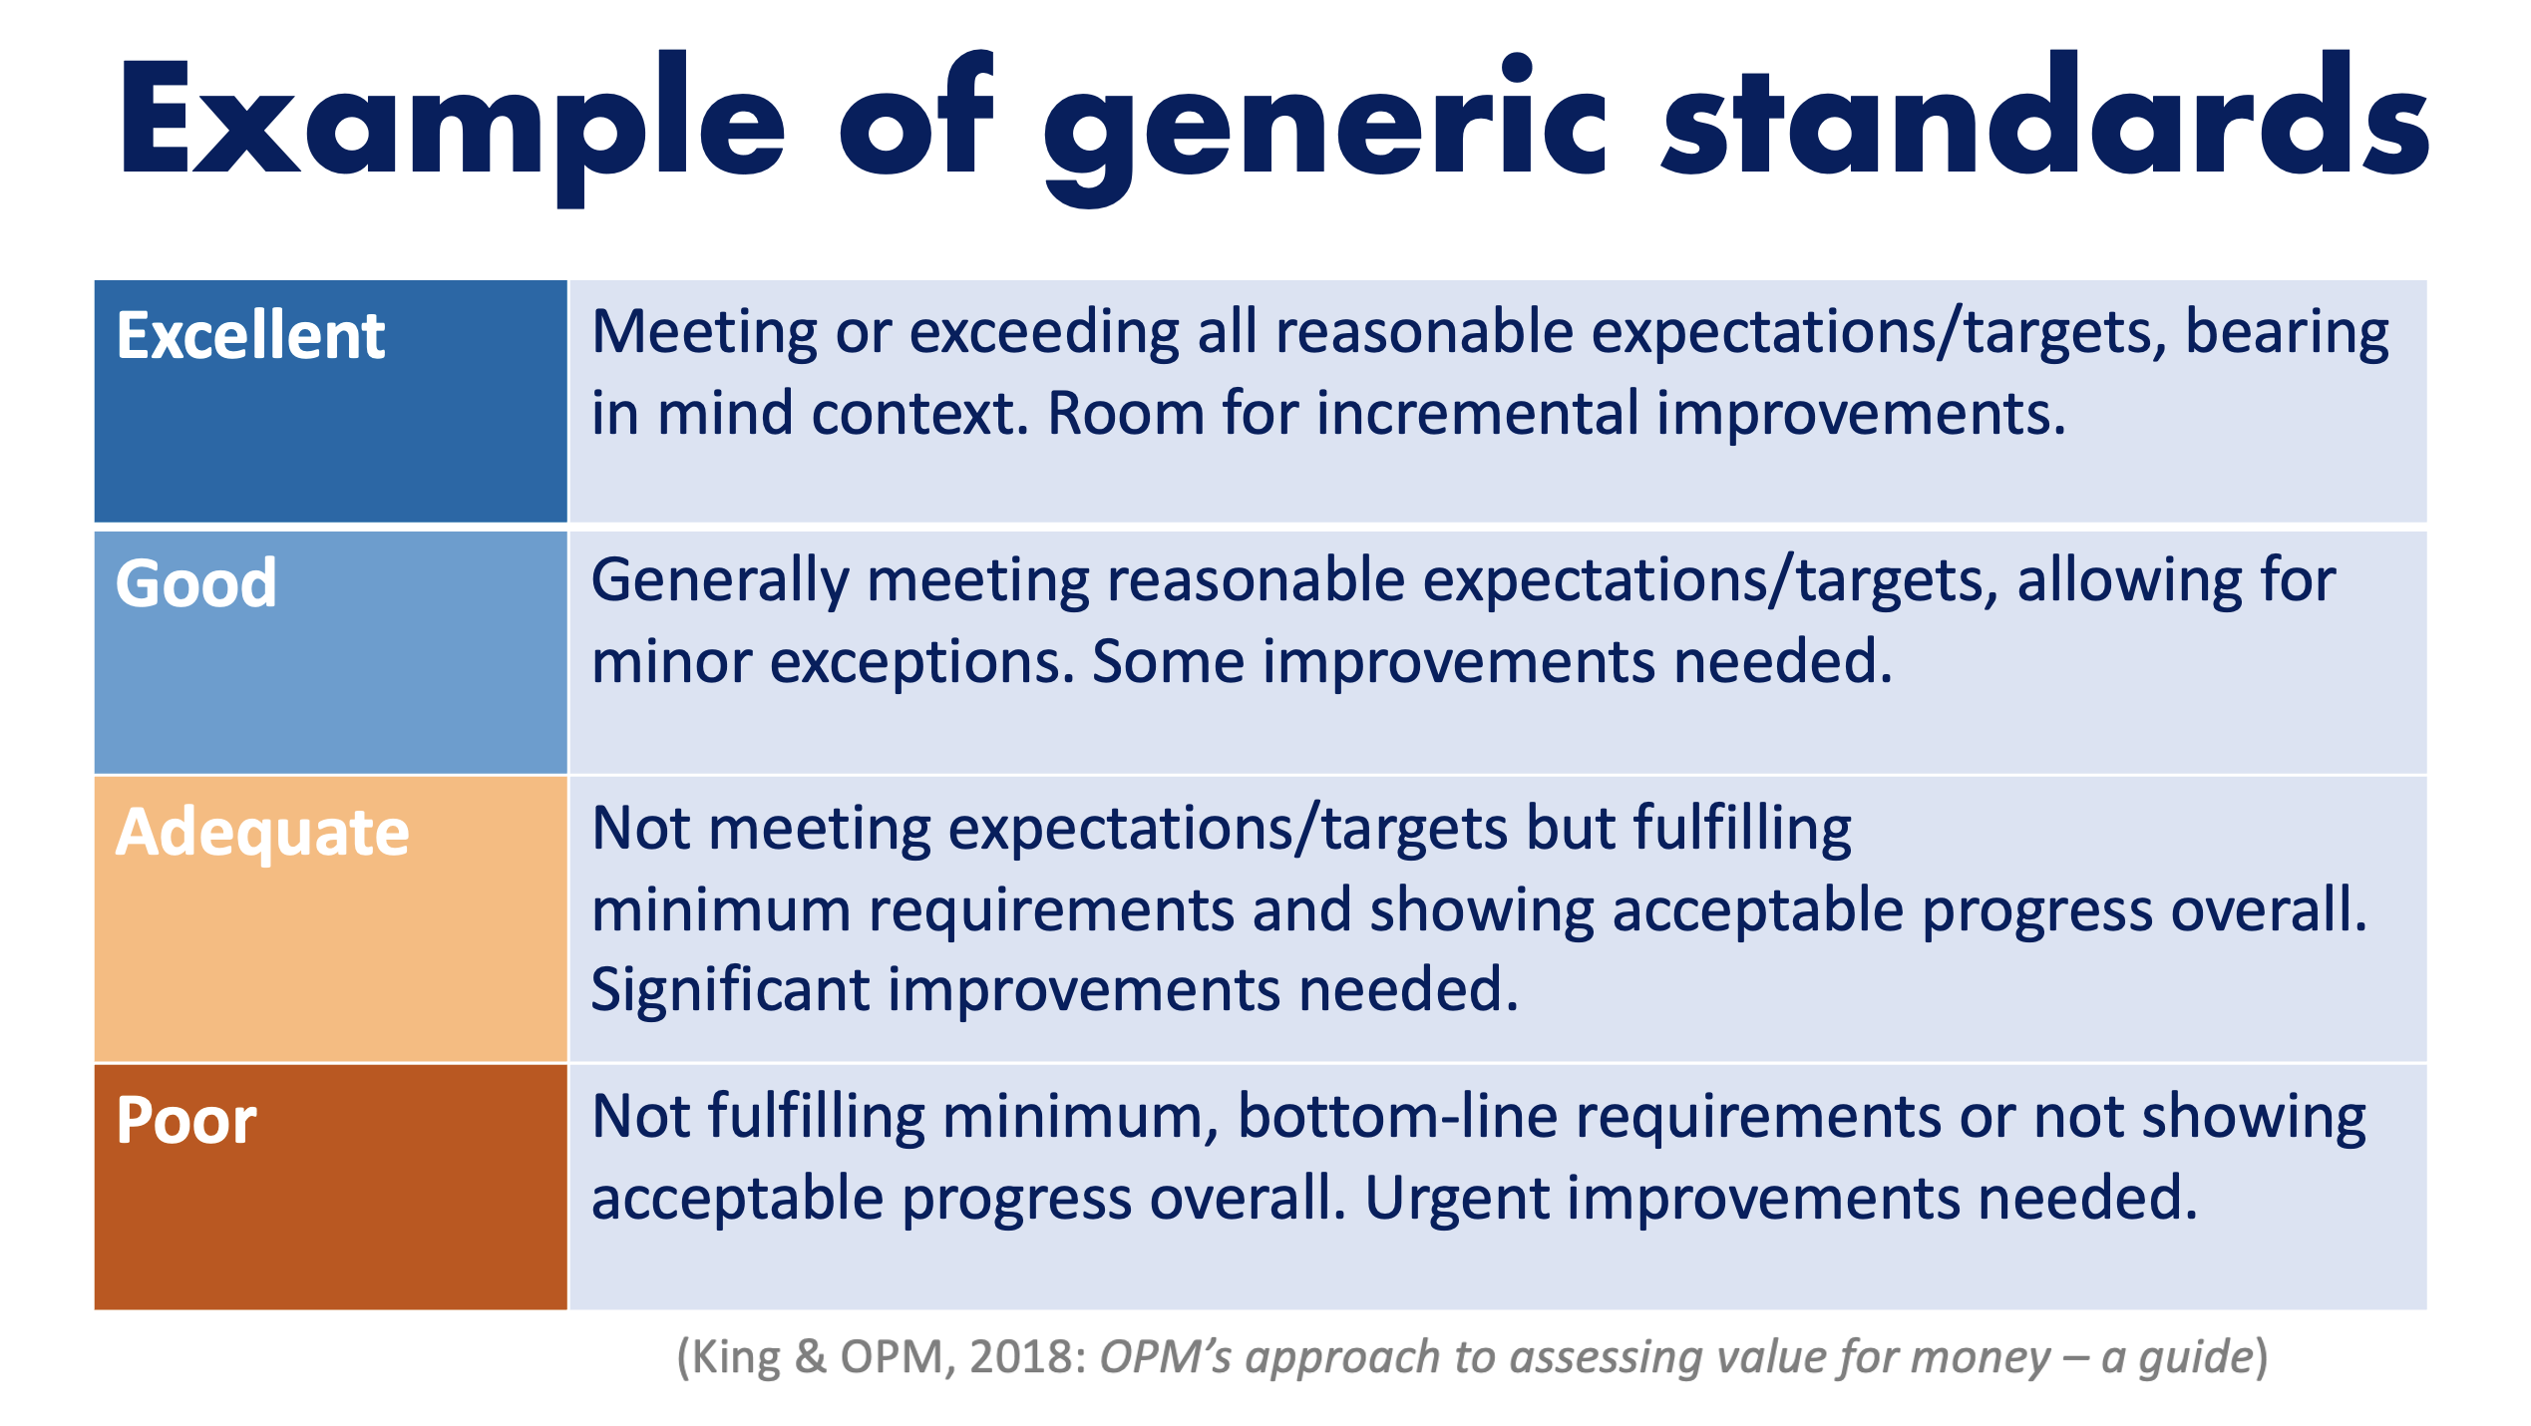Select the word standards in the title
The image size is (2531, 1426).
pos(2045,114)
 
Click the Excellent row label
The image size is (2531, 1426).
pos(250,335)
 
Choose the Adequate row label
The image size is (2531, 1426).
pos(262,834)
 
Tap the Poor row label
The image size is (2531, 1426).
pos(186,1120)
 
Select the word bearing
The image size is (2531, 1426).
pos(2287,334)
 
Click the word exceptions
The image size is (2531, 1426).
pos(922,663)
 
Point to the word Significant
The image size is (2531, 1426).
pos(731,991)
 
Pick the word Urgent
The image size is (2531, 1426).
pos(1457,1200)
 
